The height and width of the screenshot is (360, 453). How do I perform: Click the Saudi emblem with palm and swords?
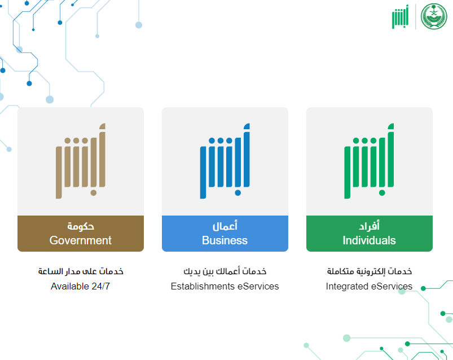click(x=434, y=16)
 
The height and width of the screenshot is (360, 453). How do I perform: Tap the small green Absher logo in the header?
click(x=400, y=17)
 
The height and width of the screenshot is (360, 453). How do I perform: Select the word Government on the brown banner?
click(x=80, y=240)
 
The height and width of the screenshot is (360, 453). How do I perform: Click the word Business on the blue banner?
click(x=225, y=240)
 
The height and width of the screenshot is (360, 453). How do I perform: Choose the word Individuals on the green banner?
click(x=369, y=240)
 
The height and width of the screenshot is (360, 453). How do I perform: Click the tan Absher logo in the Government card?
click(x=81, y=161)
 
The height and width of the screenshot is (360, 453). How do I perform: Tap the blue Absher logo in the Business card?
click(x=225, y=161)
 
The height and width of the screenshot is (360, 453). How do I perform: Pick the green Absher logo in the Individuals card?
click(x=369, y=161)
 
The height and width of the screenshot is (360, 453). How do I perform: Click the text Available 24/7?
click(x=80, y=286)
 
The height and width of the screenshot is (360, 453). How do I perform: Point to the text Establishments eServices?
click(x=225, y=286)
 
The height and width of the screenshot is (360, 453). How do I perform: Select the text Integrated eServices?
click(x=369, y=286)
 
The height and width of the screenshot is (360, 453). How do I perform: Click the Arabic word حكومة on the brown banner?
click(x=81, y=226)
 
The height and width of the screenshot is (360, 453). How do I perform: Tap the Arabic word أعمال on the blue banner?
click(x=225, y=226)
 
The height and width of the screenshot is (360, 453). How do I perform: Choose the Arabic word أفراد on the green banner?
click(x=369, y=226)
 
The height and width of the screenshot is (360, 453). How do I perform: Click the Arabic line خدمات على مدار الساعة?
click(x=81, y=271)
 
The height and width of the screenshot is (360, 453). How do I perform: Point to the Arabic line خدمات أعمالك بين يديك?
click(x=225, y=271)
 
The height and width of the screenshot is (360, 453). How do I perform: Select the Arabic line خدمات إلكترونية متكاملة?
click(x=369, y=271)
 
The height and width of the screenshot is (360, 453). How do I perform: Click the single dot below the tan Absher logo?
click(x=93, y=193)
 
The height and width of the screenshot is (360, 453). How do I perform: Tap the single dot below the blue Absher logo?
click(x=238, y=193)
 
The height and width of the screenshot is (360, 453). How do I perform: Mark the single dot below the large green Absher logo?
click(x=382, y=193)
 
